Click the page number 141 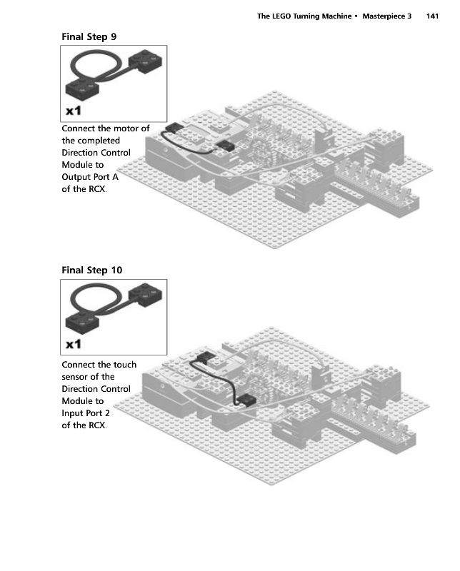point(432,16)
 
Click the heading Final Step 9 point(89,37)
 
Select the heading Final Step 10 point(92,271)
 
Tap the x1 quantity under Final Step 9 point(74,111)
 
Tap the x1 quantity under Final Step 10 point(74,344)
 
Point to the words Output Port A point(90,177)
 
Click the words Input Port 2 point(86,413)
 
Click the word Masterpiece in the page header point(384,16)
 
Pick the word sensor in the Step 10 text point(74,377)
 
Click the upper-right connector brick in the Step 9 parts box point(146,61)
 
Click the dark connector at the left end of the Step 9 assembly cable point(174,128)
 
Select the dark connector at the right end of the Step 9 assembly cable point(225,146)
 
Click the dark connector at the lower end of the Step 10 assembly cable point(246,401)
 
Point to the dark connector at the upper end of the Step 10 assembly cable point(205,357)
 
